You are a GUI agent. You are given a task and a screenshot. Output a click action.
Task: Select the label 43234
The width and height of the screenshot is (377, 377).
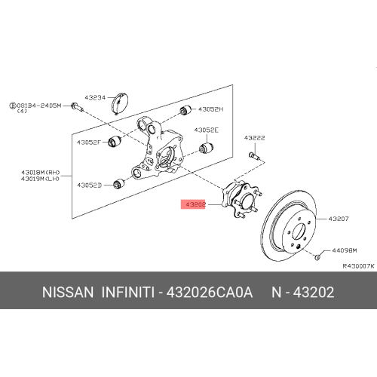tap(97, 97)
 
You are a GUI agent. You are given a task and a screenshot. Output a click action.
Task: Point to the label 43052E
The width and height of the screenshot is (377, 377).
tap(206, 130)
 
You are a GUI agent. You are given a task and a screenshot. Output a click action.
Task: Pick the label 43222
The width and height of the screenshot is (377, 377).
tap(254, 139)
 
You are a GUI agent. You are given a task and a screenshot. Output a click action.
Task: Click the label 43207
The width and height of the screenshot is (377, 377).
tap(337, 219)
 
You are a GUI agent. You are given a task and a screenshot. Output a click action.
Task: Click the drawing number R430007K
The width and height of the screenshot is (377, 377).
tap(358, 266)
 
